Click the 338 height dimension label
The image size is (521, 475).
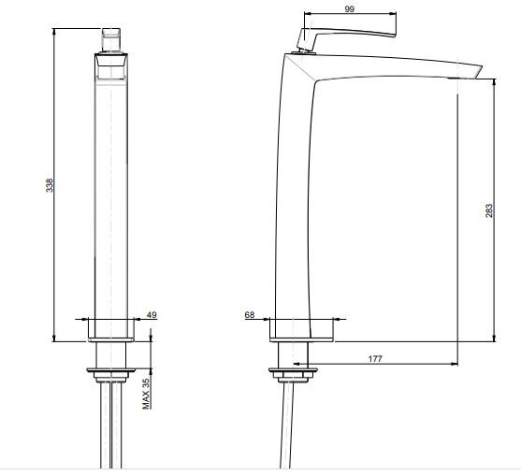(x=50, y=185)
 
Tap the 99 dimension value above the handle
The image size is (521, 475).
(x=349, y=9)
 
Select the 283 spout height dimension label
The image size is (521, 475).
(x=489, y=210)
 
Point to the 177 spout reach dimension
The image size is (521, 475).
(x=375, y=359)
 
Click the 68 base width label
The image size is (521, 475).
(x=250, y=314)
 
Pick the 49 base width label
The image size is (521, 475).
(x=152, y=314)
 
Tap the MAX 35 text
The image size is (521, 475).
(x=146, y=394)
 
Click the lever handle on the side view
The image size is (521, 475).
(x=345, y=37)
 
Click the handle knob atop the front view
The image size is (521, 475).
(x=111, y=40)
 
